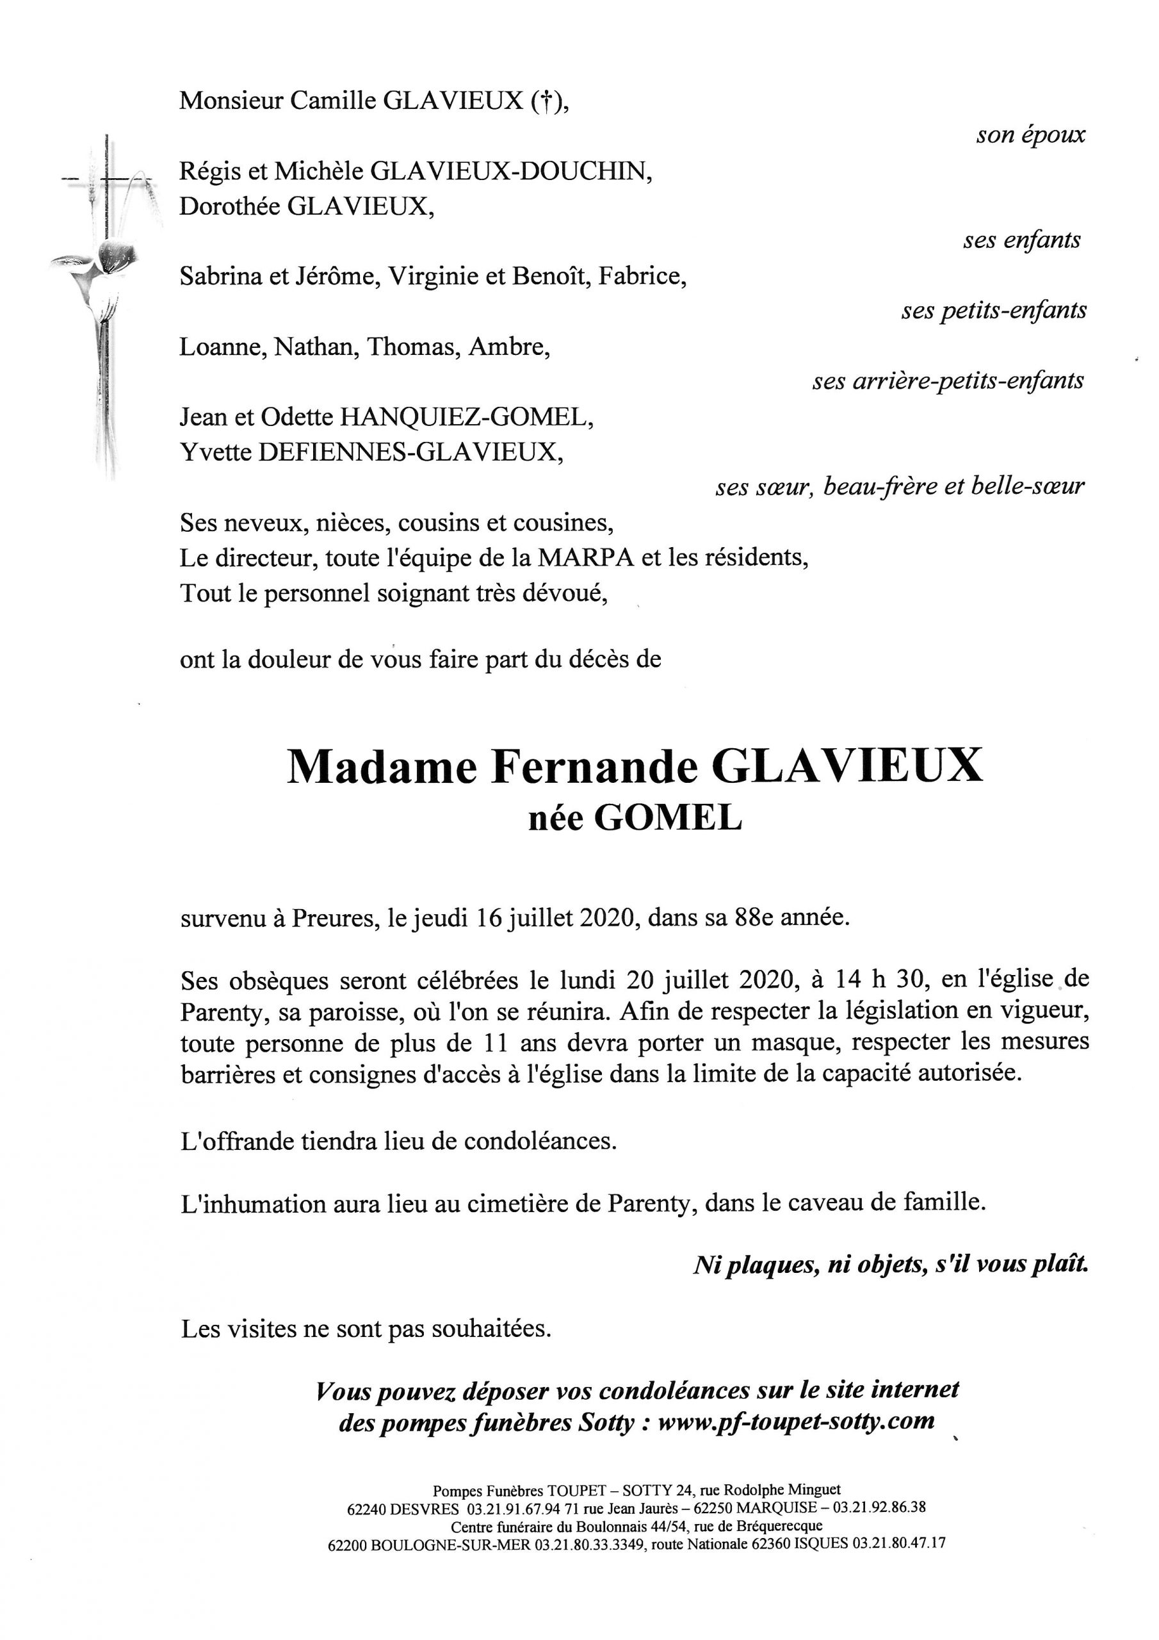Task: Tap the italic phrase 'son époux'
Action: (1030, 135)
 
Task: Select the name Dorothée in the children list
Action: (230, 206)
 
